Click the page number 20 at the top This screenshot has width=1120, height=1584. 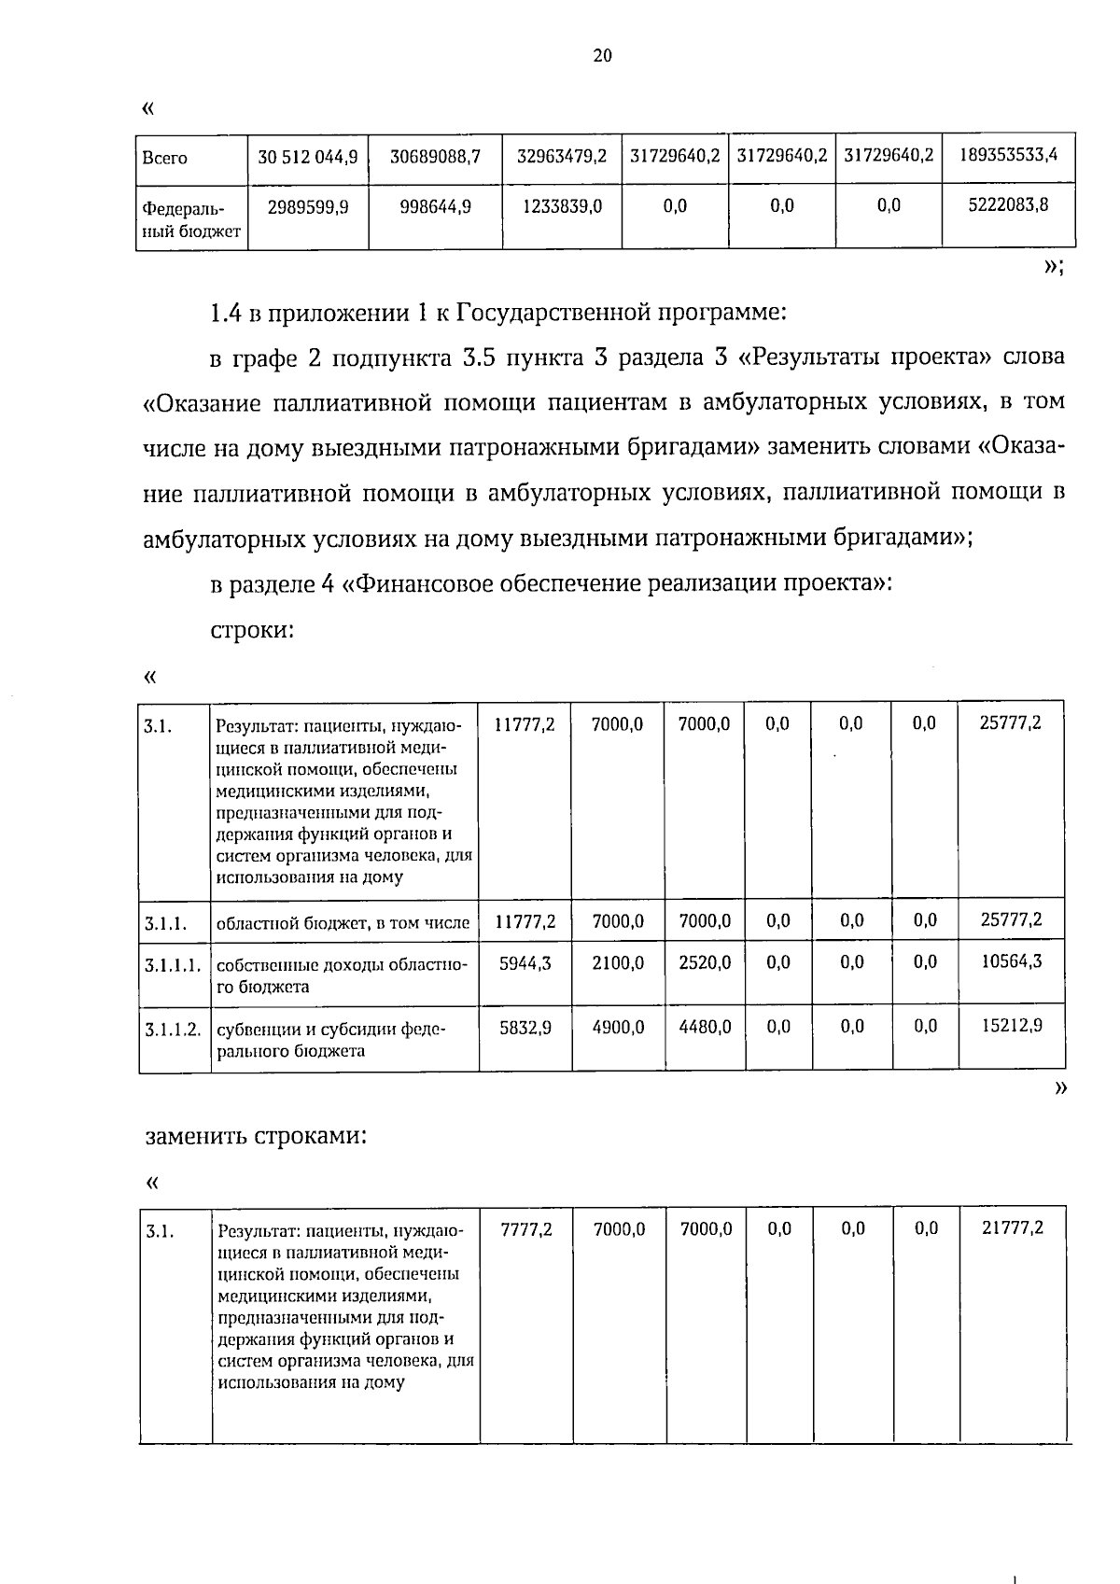602,56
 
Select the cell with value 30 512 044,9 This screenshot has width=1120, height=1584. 308,158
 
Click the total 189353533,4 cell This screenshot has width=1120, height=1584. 1009,156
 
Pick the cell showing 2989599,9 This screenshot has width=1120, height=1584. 308,206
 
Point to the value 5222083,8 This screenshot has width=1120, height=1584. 1009,205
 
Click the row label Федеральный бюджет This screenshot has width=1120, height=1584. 190,217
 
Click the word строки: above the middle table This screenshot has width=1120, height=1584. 252,630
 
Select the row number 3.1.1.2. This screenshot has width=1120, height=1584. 174,1030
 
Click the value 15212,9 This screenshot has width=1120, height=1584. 1012,1025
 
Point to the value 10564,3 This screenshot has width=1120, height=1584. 1012,960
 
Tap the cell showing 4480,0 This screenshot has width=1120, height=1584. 705,1027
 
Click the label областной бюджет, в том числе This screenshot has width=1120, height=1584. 343,923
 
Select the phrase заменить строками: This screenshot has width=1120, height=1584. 254,1136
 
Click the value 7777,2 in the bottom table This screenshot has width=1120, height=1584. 526,1229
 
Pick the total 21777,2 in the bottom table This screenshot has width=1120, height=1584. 1013,1228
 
